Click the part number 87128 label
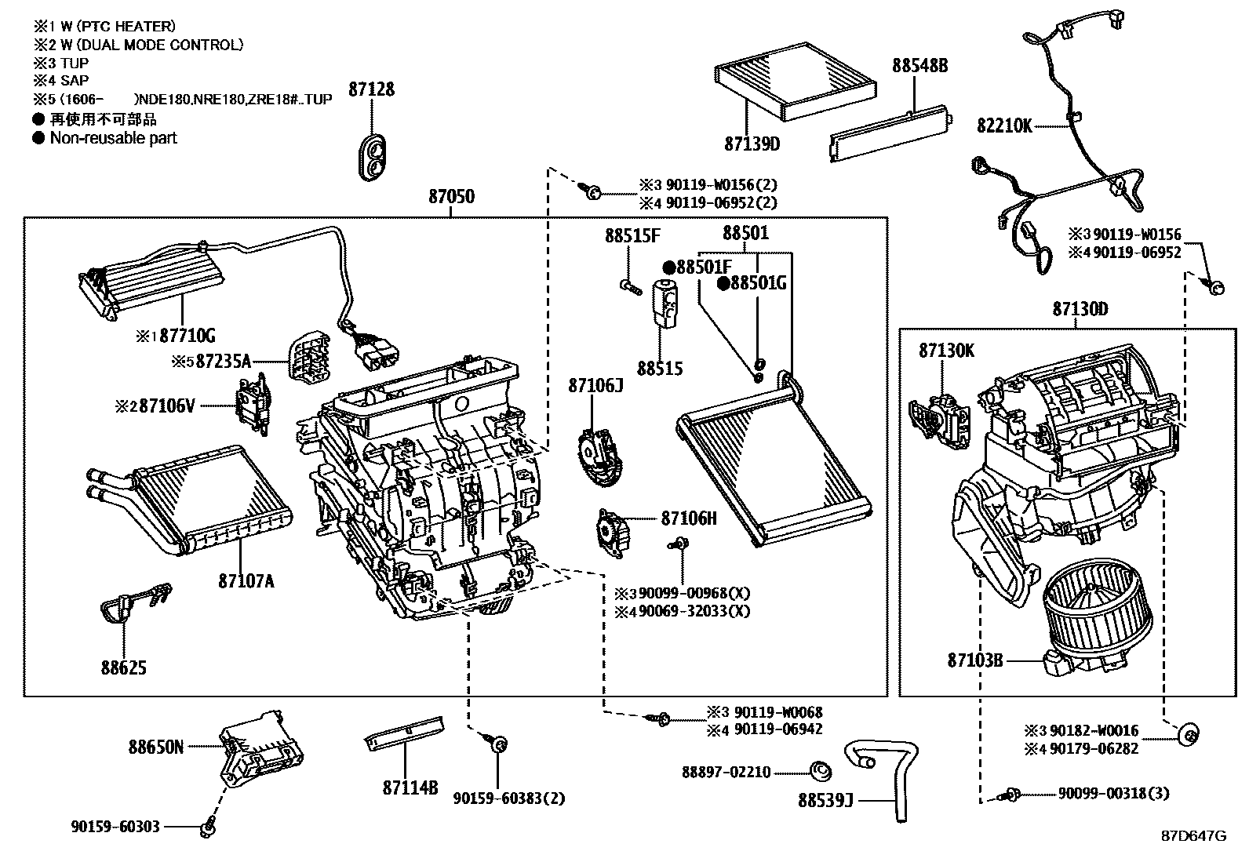[371, 89]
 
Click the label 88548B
[919, 66]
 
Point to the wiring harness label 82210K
[1004, 125]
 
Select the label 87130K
[946, 351]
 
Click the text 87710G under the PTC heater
[184, 336]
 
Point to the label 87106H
[689, 518]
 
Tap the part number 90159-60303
[115, 826]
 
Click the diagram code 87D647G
[1193, 836]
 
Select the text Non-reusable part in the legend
[113, 138]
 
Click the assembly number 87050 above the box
[451, 196]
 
